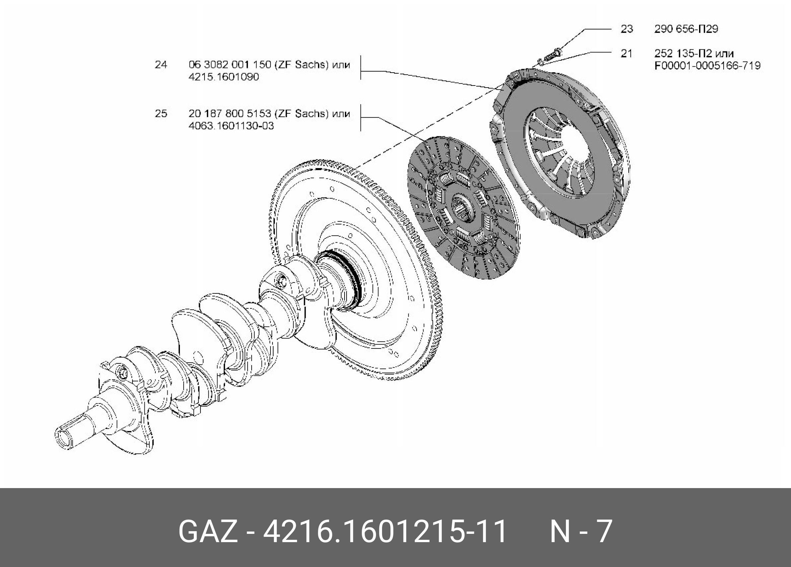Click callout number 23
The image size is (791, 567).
click(x=626, y=29)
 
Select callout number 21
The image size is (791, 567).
click(x=626, y=54)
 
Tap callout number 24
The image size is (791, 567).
click(x=161, y=65)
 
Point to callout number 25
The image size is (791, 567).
click(x=161, y=114)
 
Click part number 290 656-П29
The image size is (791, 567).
click(x=686, y=29)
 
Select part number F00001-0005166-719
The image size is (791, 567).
click(x=707, y=66)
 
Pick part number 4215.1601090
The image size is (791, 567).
click(x=224, y=77)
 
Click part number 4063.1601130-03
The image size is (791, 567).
click(x=231, y=126)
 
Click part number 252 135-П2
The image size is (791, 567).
click(x=683, y=54)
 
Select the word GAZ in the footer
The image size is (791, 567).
click(x=207, y=532)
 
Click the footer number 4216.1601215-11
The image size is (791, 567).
click(x=384, y=532)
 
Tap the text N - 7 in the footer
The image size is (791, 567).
click(x=581, y=532)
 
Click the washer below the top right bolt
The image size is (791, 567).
click(x=541, y=62)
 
